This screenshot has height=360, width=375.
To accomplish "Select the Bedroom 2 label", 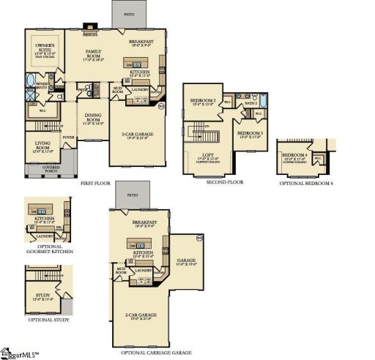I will pos(203,102).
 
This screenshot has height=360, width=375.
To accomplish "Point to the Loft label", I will pos(209,156).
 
